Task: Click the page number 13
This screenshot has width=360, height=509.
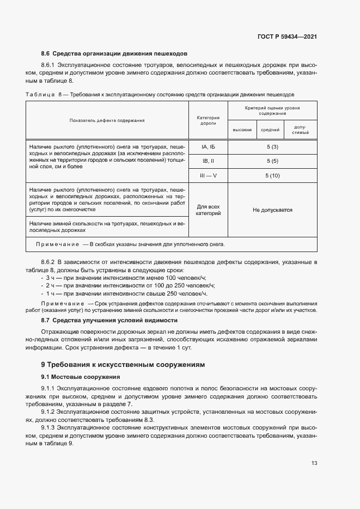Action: [x=314, y=463]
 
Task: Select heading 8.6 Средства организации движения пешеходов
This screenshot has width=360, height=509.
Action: [x=114, y=54]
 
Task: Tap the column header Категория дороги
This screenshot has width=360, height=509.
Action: [x=208, y=120]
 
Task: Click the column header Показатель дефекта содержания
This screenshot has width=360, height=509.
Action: [x=107, y=120]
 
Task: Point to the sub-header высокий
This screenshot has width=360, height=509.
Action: [x=242, y=130]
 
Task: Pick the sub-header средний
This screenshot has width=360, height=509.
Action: [x=270, y=130]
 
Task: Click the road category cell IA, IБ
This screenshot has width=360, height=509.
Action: [x=208, y=148]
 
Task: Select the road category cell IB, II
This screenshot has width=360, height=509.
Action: [x=208, y=162]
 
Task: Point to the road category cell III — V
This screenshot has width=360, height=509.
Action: [x=208, y=175]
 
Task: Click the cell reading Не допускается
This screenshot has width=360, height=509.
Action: [x=272, y=210]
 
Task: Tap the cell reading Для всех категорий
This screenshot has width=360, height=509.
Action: [x=208, y=210]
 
